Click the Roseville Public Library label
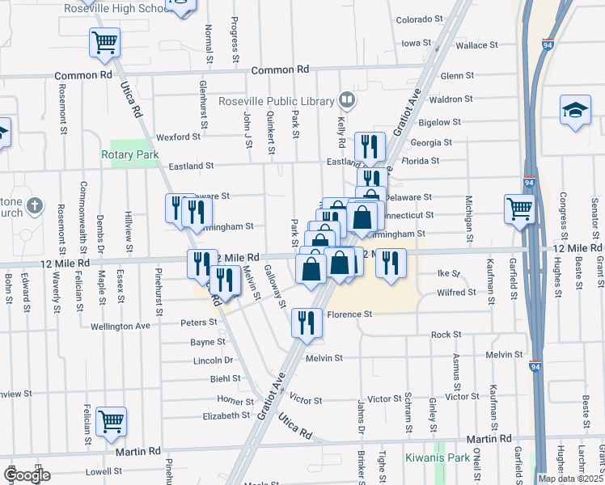point(277,101)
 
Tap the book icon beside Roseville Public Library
point(347,100)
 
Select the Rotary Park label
point(129,154)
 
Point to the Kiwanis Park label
point(448,458)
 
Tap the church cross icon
point(34,206)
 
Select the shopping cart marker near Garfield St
point(519,209)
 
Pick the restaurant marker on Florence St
point(307,322)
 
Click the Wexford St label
point(178,137)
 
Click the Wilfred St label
point(456,292)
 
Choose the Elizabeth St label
point(226,415)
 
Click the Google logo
point(27,475)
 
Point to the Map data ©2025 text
point(570,479)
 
